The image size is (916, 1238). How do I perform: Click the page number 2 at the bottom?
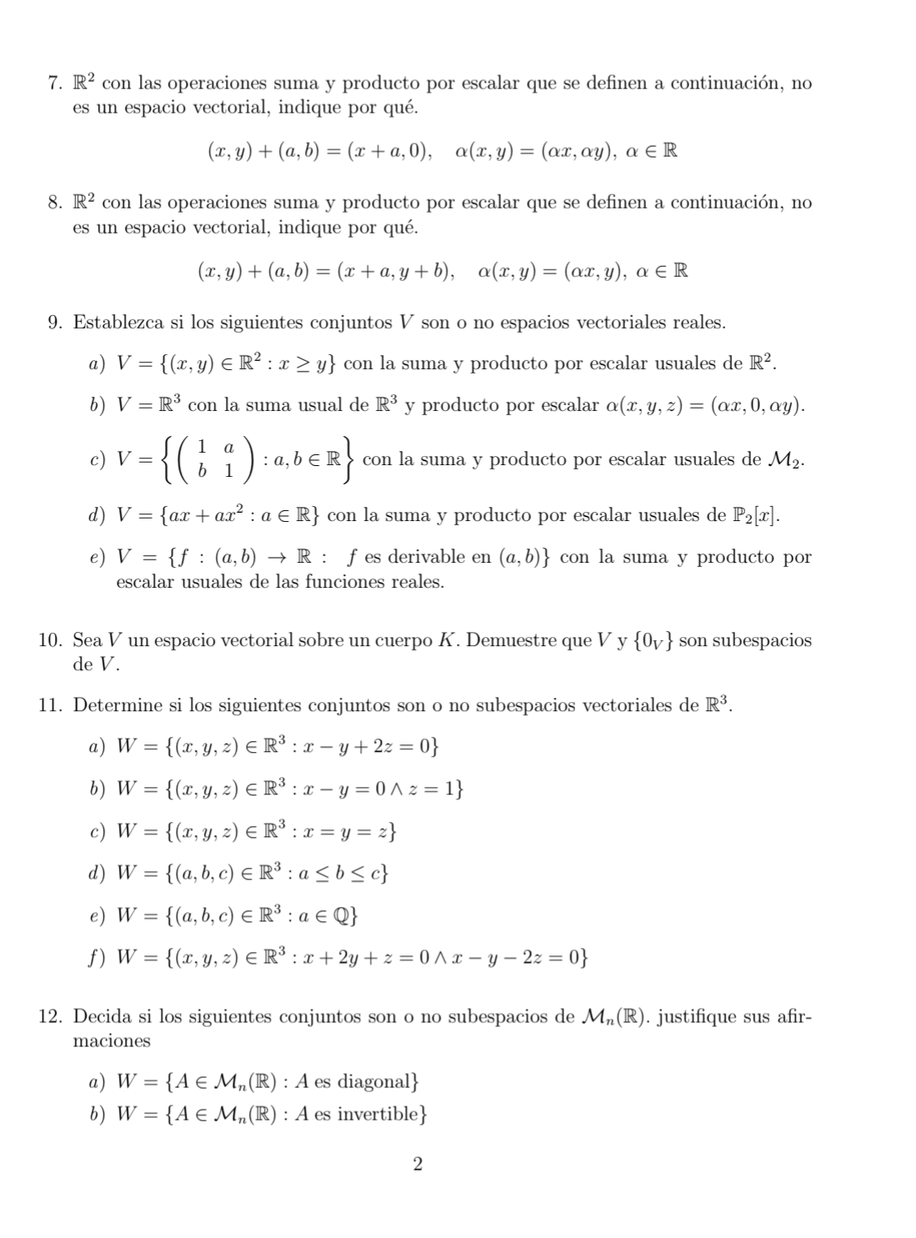(x=418, y=1164)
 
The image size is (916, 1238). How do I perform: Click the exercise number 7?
(x=54, y=83)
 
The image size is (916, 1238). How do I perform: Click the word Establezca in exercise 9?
(x=121, y=323)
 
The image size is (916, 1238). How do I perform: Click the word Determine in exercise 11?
(x=118, y=705)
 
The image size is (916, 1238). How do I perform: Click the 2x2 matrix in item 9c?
(x=215, y=460)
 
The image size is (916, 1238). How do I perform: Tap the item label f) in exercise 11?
(x=94, y=958)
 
